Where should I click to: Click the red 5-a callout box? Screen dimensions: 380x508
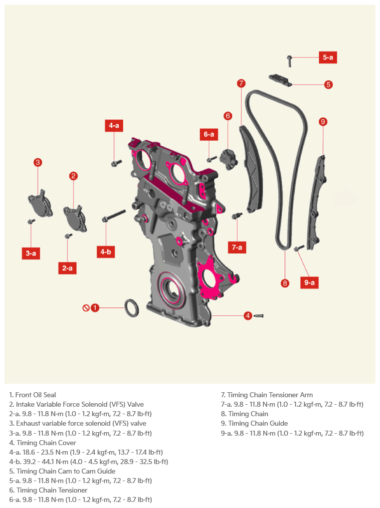(328, 57)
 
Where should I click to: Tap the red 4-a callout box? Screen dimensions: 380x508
(114, 125)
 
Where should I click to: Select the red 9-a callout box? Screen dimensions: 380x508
(309, 282)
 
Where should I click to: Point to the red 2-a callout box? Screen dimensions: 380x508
(67, 268)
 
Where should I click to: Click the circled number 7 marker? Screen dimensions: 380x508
(241, 83)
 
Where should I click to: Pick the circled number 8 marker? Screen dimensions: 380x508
(285, 283)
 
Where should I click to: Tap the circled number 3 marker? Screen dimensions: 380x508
(38, 162)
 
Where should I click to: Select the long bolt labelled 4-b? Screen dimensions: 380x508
(114, 216)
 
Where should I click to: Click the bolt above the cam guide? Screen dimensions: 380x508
(289, 60)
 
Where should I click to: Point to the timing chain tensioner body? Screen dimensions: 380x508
(229, 159)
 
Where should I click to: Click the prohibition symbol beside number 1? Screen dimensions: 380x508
(86, 308)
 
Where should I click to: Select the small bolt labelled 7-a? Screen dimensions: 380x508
(237, 216)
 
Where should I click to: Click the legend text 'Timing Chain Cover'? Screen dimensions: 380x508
(46, 443)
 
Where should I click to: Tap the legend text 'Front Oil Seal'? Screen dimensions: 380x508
(35, 395)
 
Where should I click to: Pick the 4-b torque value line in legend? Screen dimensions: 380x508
(89, 462)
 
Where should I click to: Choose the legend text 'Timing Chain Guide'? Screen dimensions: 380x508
(258, 423)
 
